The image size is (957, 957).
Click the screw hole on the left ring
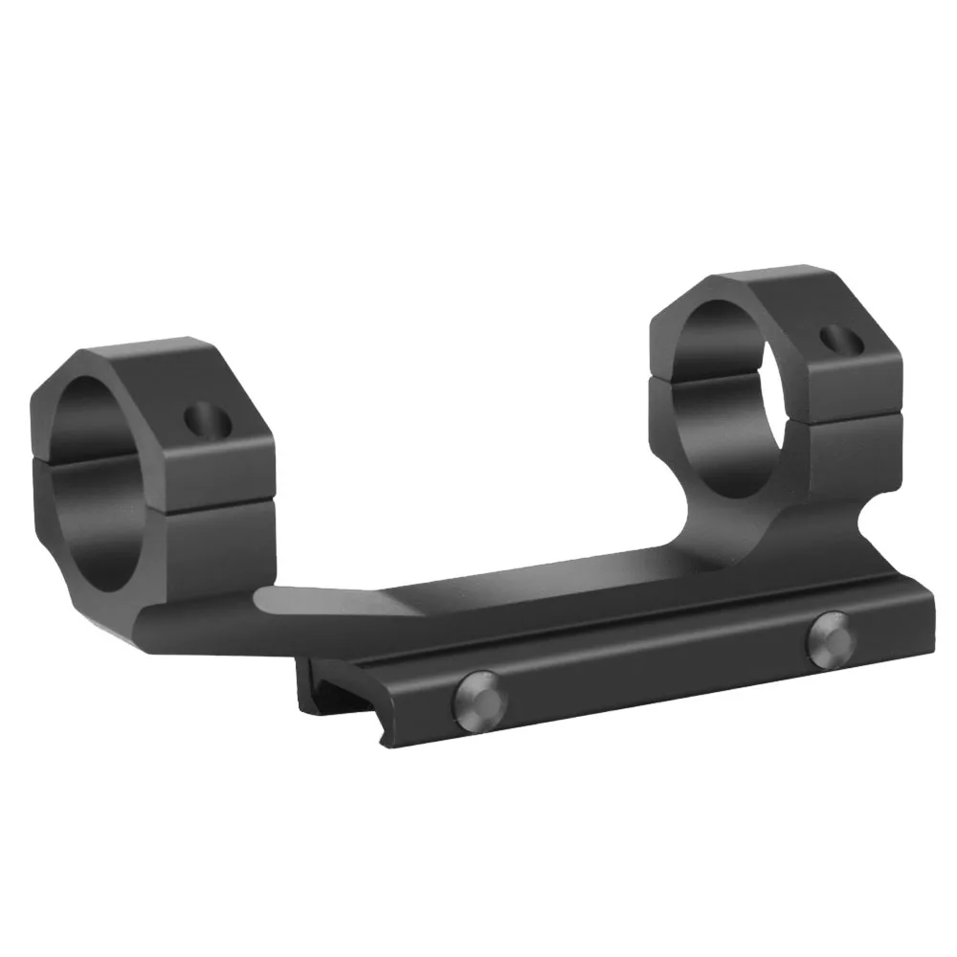coord(204,418)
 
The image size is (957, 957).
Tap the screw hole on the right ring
coord(840,340)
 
